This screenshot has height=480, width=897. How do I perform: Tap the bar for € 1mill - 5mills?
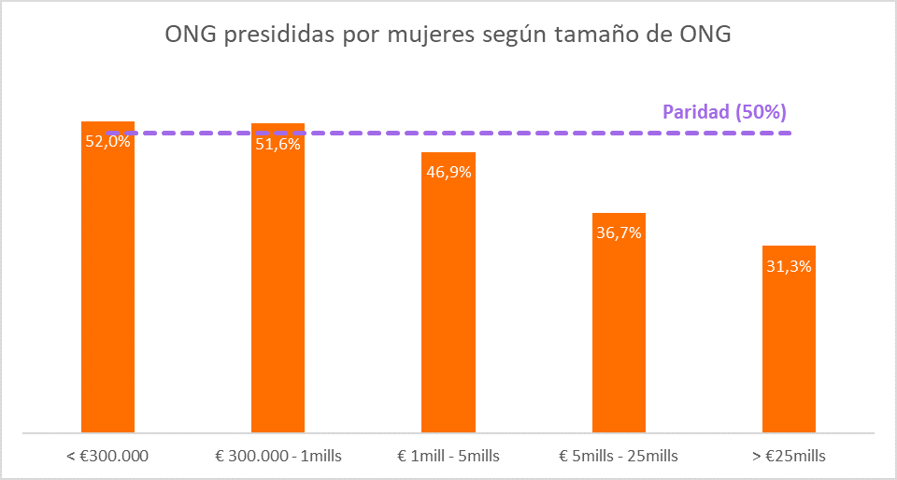click(448, 299)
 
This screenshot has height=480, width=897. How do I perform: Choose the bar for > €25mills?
click(789, 346)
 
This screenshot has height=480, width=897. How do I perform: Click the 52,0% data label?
click(107, 143)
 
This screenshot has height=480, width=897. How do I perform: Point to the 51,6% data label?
click(278, 144)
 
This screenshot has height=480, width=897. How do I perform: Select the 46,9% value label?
click(448, 172)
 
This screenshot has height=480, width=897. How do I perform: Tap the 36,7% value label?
click(619, 233)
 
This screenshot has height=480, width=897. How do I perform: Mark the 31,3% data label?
click(789, 265)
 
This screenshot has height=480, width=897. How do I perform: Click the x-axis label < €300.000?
click(108, 456)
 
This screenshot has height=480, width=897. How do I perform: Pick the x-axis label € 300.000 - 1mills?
click(278, 456)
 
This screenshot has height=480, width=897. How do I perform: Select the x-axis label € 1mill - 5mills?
click(448, 456)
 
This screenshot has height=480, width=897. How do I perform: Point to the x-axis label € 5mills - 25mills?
click(619, 456)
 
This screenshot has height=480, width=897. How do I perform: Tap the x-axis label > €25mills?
click(789, 456)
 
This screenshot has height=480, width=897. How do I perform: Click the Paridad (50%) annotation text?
click(724, 112)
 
